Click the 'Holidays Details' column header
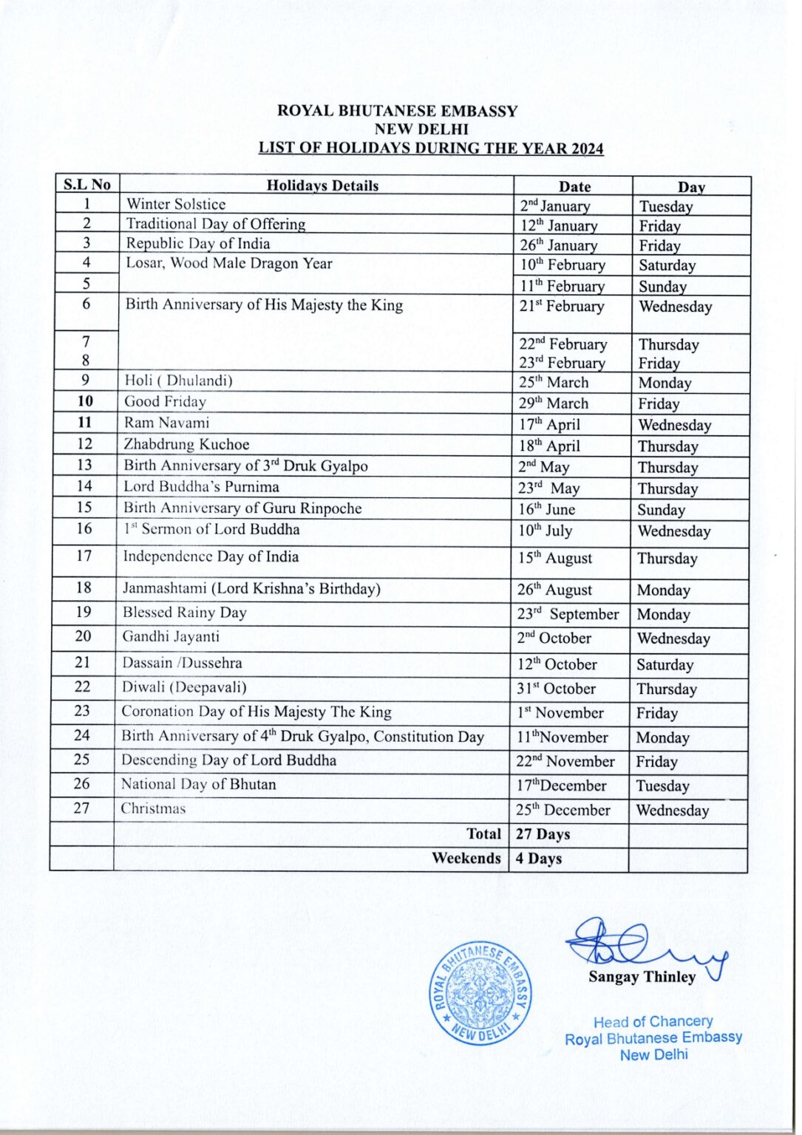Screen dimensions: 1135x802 (x=322, y=185)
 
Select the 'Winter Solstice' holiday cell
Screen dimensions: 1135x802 (x=176, y=205)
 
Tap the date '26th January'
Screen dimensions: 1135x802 (x=558, y=245)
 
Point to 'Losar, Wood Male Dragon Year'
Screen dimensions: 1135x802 (x=229, y=264)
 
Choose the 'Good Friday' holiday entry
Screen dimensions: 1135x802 (x=165, y=402)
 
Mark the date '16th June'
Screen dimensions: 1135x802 (x=546, y=509)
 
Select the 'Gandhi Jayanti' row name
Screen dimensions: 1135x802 (x=171, y=637)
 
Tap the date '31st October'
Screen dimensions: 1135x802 (x=556, y=689)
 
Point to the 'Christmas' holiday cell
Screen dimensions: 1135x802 (x=153, y=808)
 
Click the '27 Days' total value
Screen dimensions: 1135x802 (x=543, y=834)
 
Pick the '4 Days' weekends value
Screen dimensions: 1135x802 (x=538, y=859)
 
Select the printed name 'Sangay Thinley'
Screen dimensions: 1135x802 (x=642, y=978)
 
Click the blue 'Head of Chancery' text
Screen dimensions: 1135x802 (x=653, y=1022)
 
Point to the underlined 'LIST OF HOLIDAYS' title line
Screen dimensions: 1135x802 (x=430, y=148)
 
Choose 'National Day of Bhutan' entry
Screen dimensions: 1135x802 (x=198, y=784)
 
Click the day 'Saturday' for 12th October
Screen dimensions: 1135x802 (x=665, y=665)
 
